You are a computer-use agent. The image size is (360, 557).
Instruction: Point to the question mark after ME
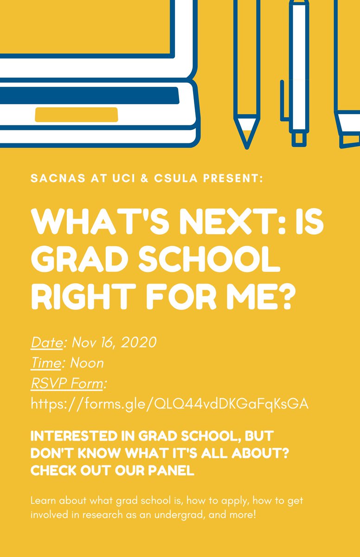[292, 298]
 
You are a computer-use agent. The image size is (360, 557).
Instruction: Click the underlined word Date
[46, 343]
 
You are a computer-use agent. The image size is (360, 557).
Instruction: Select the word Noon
[87, 363]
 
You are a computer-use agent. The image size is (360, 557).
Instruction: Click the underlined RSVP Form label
[68, 383]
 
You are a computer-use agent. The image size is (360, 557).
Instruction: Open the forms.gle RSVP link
[169, 404]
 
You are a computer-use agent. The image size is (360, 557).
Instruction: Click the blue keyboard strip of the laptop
[88, 95]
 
